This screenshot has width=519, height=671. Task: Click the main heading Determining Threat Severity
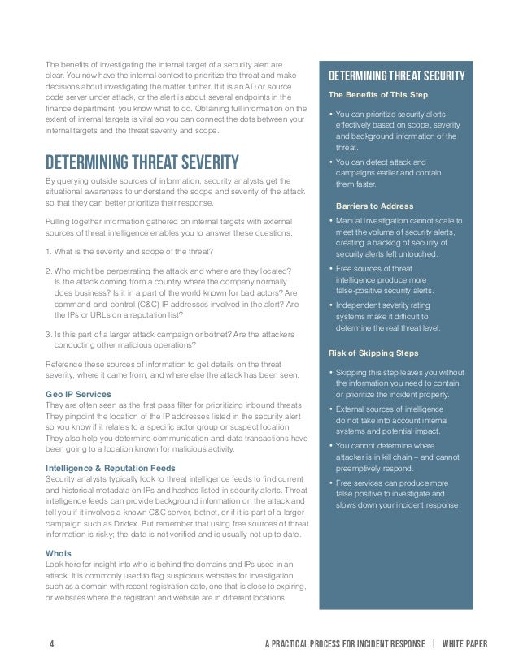142,161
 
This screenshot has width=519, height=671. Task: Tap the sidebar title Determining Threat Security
396,77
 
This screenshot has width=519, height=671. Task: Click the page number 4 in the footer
51,645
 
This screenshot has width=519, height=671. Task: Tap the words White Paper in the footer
466,645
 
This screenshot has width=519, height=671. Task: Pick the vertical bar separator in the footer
434,645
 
